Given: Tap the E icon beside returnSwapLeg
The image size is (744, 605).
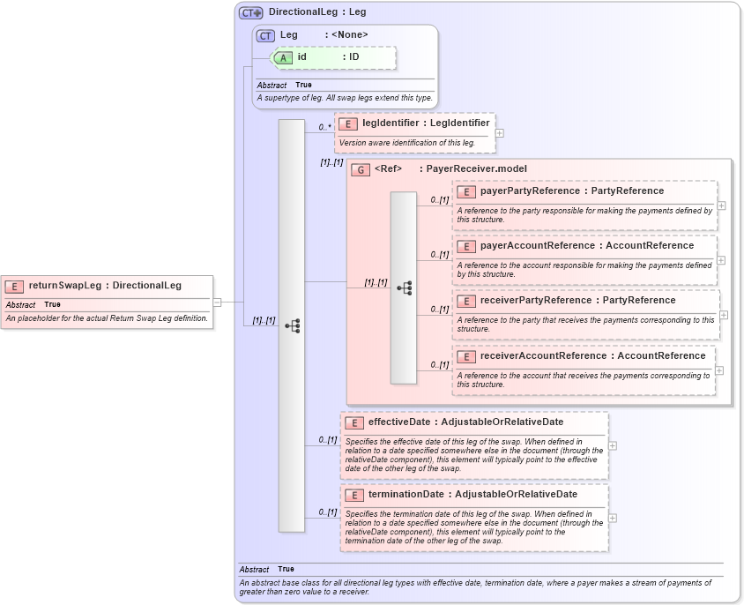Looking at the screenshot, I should click(x=14, y=286).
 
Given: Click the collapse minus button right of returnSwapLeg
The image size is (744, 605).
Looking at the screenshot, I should click(x=217, y=302).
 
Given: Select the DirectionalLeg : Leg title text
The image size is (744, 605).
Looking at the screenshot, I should click(x=317, y=12).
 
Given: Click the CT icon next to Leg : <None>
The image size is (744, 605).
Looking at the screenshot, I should click(x=265, y=35).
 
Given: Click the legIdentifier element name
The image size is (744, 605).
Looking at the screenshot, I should click(x=391, y=123).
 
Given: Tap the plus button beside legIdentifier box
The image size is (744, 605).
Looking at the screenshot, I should click(x=500, y=133).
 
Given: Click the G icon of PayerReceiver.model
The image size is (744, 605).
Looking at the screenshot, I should click(x=360, y=169).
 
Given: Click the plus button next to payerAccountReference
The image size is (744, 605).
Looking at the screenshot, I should click(x=722, y=260).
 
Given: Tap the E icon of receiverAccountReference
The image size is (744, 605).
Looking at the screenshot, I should click(x=467, y=356).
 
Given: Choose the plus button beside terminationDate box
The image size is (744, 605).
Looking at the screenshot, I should click(x=613, y=518).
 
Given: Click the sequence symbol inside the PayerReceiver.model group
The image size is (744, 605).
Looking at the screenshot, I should click(x=404, y=288).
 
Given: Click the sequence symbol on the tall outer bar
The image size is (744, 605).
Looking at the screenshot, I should click(x=292, y=325).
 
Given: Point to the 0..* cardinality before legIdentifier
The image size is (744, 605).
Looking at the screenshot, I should click(x=325, y=127).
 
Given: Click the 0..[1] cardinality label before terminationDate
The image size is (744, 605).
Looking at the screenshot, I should click(x=328, y=512).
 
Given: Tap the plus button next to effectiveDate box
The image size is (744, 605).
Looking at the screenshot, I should click(x=613, y=445).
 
